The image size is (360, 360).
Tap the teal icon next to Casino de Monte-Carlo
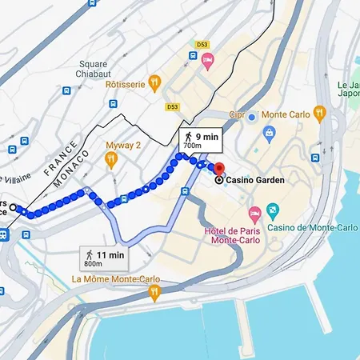(273, 211)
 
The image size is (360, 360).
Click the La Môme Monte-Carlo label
(115, 279)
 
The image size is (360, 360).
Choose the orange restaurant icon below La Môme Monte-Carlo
(154, 294)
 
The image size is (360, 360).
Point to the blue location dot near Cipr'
(251, 117)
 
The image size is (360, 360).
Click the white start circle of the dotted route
(13, 207)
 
